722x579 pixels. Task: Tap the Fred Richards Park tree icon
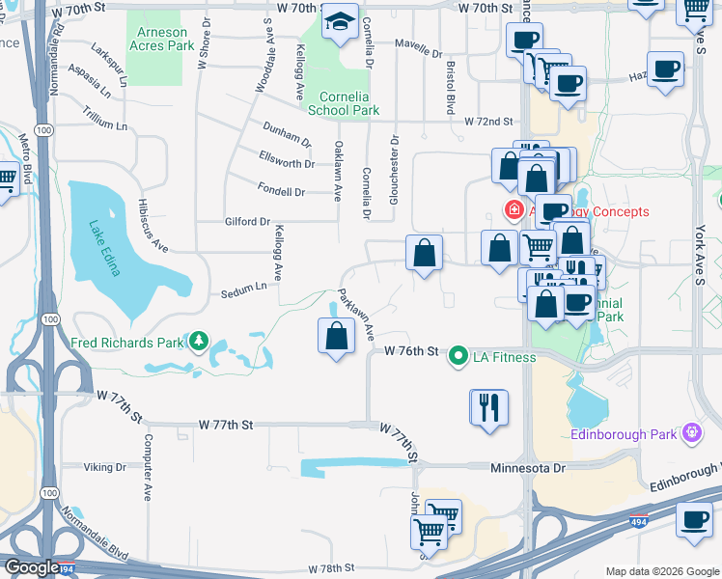coord(200,341)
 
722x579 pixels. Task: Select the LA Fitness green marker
coord(459,357)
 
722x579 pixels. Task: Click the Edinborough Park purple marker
coord(690,433)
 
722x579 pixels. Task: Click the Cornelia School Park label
coord(343,103)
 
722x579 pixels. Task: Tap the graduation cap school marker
coord(340,22)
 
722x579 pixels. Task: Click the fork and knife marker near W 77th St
coord(488,407)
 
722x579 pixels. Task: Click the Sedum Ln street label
coord(242,288)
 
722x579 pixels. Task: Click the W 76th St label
coord(412,350)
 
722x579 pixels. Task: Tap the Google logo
coord(31,567)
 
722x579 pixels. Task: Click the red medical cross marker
coord(515,210)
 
